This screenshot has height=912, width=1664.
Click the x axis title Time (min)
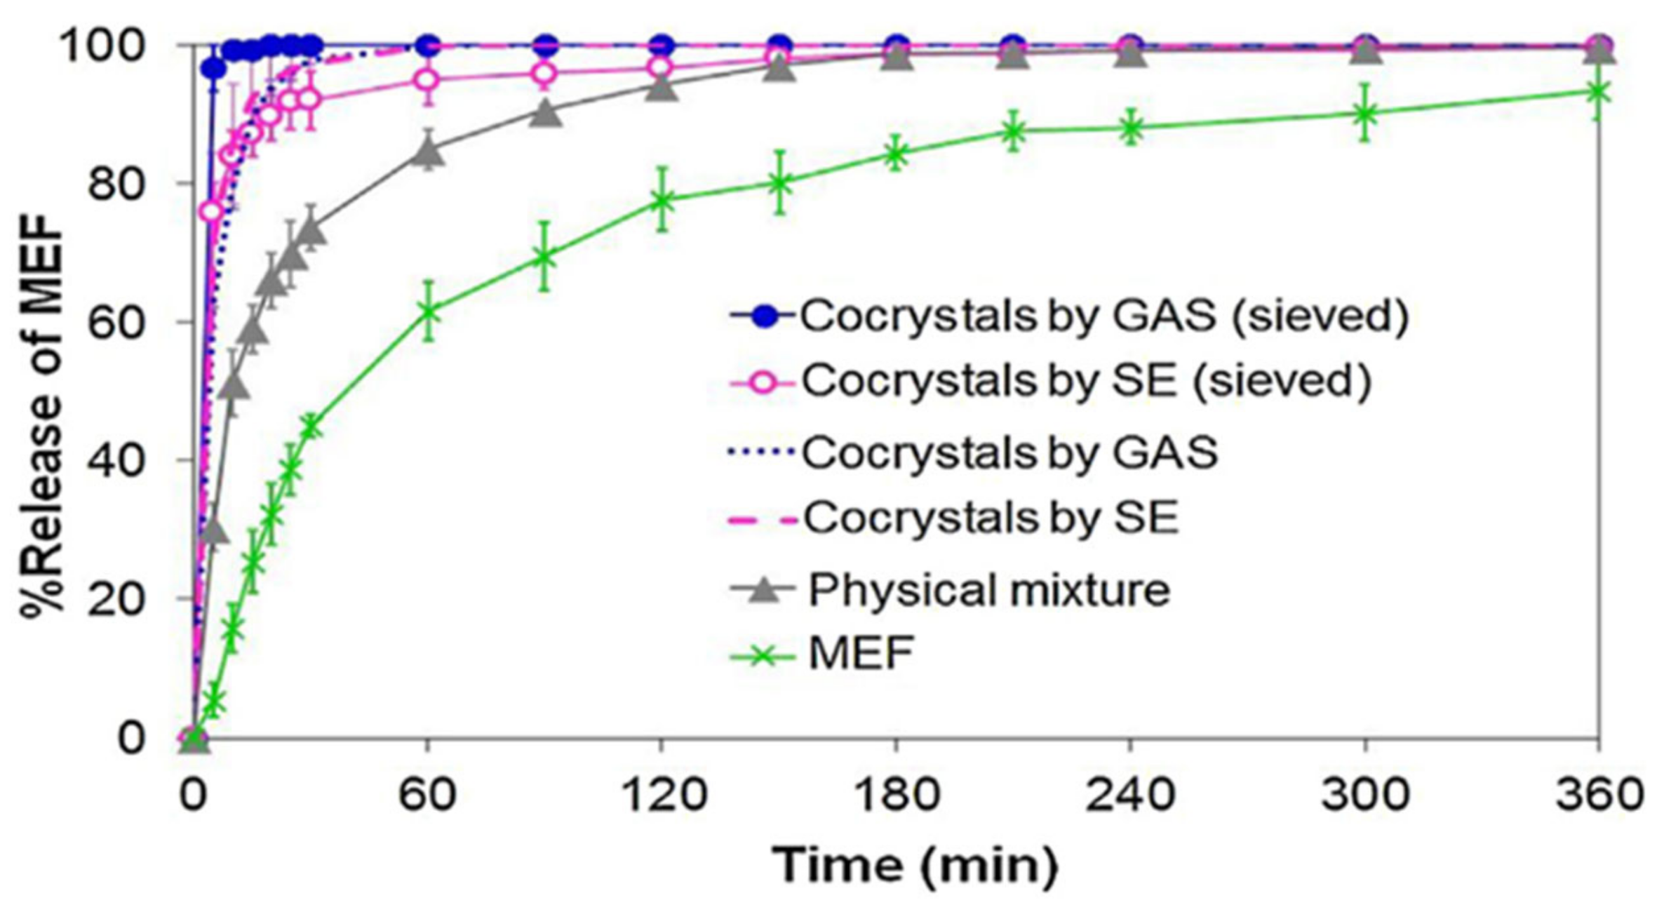pyautogui.click(x=915, y=866)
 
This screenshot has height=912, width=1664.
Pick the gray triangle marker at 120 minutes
pyautogui.click(x=661, y=88)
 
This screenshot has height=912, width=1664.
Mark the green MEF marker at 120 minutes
pyautogui.click(x=661, y=199)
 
